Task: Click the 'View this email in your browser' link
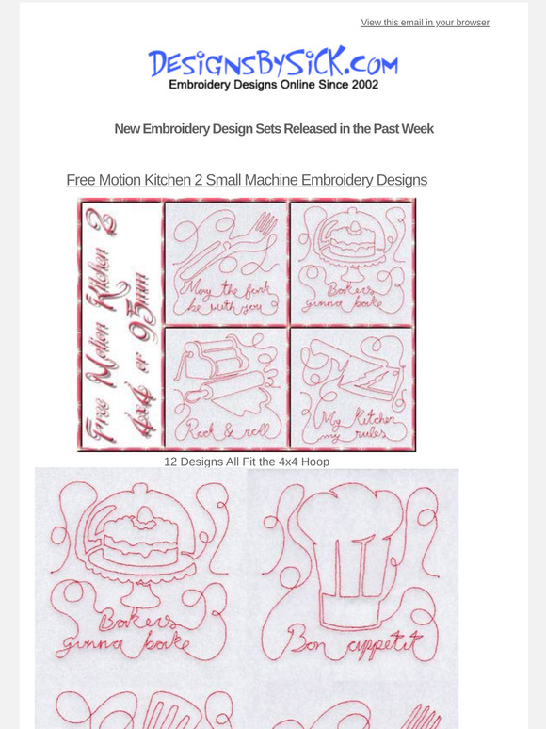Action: pyautogui.click(x=425, y=23)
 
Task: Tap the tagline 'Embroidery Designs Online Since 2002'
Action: pyautogui.click(x=273, y=85)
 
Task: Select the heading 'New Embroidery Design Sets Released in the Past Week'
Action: pyautogui.click(x=273, y=128)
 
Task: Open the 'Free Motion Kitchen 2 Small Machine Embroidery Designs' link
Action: pyautogui.click(x=247, y=179)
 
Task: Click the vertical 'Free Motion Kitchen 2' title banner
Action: pyautogui.click(x=120, y=325)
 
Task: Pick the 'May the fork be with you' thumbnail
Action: pyautogui.click(x=226, y=263)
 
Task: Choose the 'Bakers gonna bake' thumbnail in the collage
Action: pyautogui.click(x=351, y=263)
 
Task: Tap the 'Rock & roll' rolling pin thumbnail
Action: pyautogui.click(x=226, y=386)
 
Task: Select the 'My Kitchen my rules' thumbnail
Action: pyautogui.click(x=351, y=386)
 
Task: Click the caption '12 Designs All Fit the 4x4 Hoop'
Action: pyautogui.click(x=247, y=462)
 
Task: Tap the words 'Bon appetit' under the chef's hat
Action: pyautogui.click(x=350, y=647)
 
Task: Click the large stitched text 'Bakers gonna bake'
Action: pyautogui.click(x=132, y=636)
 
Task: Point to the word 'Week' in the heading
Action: pyautogui.click(x=416, y=128)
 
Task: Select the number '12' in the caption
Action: pyautogui.click(x=170, y=462)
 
